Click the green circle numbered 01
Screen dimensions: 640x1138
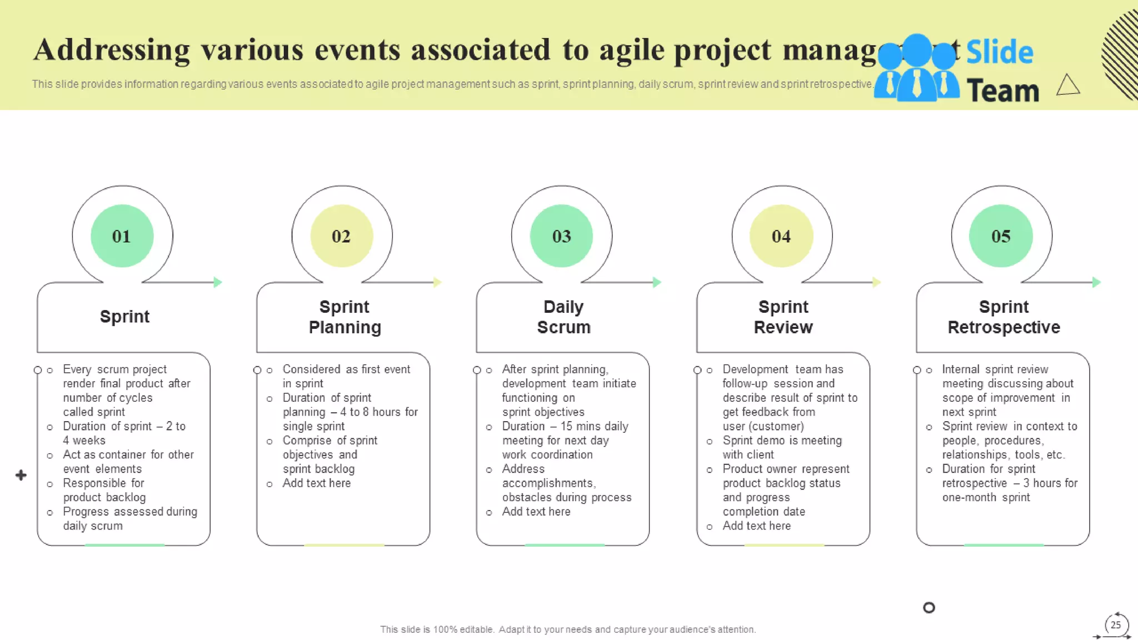tap(122, 236)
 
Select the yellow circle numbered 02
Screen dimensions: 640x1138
tap(341, 236)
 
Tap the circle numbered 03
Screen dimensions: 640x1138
tap(561, 236)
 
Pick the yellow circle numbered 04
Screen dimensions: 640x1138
tap(781, 236)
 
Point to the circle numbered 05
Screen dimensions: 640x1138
tap(1001, 236)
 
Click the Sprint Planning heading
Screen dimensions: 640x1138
tap(345, 317)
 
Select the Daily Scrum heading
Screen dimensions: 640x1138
tap(563, 317)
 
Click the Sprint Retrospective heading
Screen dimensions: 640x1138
tap(1004, 317)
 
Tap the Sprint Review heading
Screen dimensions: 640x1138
tap(783, 317)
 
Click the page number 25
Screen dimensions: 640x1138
tap(1115, 625)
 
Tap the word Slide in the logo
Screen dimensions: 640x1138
tap(999, 52)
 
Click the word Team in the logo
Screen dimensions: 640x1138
tap(1002, 91)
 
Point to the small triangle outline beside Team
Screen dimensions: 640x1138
tap(1067, 86)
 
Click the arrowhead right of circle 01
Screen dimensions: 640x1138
tap(218, 282)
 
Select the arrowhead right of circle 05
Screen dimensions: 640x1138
tap(1096, 282)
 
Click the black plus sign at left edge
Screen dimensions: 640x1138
tap(21, 475)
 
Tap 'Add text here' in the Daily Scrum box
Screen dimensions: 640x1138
tap(536, 512)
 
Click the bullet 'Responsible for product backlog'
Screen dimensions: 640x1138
tap(104, 490)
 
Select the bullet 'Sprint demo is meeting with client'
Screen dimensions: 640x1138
tap(782, 447)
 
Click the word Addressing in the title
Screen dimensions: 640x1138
tap(112, 49)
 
